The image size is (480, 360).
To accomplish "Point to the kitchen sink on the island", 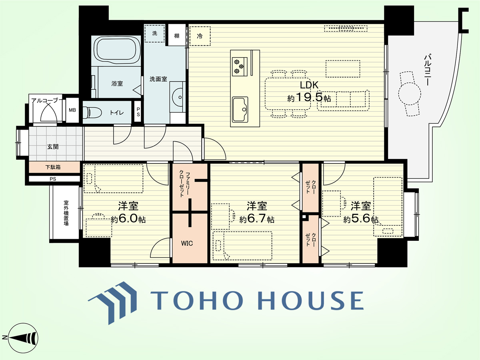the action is coord(240,109).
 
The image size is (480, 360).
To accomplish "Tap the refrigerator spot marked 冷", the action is coord(200,36).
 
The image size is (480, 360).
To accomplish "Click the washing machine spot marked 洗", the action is coord(155,34).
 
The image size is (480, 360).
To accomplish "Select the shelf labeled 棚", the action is coord(177,35).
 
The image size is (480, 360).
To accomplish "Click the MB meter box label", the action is coord(72,110).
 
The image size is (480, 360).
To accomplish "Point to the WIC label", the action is coord(187,243).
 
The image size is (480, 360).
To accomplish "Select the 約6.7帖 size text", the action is coord(257,219).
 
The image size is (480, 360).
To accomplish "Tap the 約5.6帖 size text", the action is coord(361,218).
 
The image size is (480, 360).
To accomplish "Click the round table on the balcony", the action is coord(409,94).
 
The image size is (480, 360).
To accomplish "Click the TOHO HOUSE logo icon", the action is coord(113,303).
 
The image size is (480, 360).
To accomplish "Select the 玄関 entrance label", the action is coord(53,147).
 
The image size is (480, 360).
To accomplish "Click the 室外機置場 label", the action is coord(66,213).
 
